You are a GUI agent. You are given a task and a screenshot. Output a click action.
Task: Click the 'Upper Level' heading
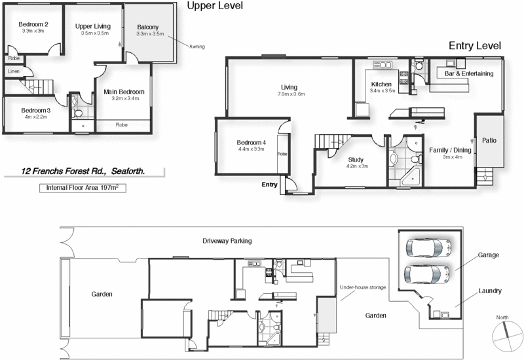pos(215,7)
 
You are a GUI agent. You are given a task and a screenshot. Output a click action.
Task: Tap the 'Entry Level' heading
pos(474,46)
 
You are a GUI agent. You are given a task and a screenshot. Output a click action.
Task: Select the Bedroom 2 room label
pos(32,24)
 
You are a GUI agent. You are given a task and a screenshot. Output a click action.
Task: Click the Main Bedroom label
pos(124,92)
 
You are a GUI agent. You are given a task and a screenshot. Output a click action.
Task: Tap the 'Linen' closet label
pos(14,71)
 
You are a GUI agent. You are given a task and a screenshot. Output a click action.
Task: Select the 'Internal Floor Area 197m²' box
pos(82,188)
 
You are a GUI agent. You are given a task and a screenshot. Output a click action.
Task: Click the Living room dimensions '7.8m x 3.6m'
pos(289,94)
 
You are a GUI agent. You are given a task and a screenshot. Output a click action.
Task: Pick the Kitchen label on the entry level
pos(381,84)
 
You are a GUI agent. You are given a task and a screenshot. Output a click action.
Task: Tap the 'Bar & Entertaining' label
pos(468,74)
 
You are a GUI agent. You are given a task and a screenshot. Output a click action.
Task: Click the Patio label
pos(489,139)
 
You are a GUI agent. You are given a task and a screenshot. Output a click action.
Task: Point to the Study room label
pos(356,159)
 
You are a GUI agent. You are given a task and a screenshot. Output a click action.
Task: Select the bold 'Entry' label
pos(269,185)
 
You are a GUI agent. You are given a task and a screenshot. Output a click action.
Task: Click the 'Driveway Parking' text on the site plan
pos(227,241)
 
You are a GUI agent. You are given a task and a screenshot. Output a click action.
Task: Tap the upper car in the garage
pos(428,247)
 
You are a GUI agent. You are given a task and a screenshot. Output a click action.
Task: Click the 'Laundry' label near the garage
pos(490,291)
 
